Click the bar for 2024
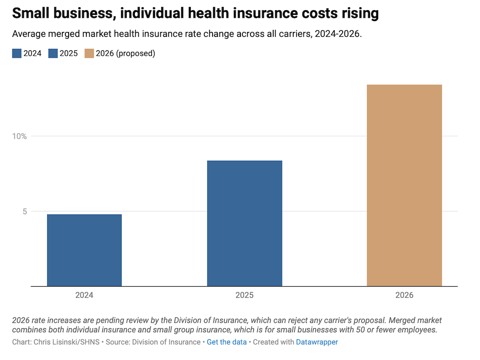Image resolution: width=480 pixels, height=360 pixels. pyautogui.click(x=84, y=250)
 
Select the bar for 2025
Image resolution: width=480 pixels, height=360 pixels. pyautogui.click(x=244, y=223)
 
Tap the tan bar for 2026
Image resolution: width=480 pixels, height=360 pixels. pyautogui.click(x=404, y=185)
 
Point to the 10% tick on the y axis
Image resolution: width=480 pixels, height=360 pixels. pyautogui.click(x=20, y=136)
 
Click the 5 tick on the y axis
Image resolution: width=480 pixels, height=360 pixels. pyautogui.click(x=24, y=212)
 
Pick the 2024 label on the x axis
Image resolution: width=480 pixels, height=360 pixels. pyautogui.click(x=84, y=295)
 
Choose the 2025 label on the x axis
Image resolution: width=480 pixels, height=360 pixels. pyautogui.click(x=244, y=295)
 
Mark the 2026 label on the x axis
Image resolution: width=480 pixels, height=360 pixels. pyautogui.click(x=404, y=295)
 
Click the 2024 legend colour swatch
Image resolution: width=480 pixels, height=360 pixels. pyautogui.click(x=17, y=53)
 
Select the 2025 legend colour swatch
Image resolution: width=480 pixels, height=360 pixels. pyautogui.click(x=52, y=53)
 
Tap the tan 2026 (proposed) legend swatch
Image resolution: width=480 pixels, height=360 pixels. pyautogui.click(x=89, y=53)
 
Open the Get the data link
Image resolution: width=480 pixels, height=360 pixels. pyautogui.click(x=227, y=342)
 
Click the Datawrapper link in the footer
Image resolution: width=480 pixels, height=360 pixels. pyautogui.click(x=317, y=342)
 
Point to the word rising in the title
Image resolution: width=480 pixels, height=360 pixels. pyautogui.click(x=360, y=13)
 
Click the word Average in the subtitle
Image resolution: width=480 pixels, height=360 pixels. pyautogui.click(x=28, y=35)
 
